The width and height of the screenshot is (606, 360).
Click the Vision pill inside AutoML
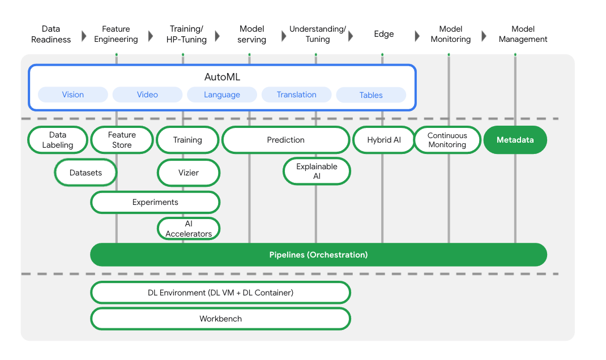click(72, 95)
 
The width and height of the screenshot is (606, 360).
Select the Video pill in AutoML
click(147, 95)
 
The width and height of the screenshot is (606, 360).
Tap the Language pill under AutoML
click(222, 95)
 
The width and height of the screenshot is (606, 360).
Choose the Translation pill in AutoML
click(296, 95)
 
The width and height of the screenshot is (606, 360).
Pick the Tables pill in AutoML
click(371, 95)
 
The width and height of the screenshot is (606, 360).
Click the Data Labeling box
click(58, 140)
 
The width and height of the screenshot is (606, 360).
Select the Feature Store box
click(122, 140)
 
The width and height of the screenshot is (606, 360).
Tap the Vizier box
click(188, 173)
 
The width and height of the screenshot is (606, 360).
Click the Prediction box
click(285, 140)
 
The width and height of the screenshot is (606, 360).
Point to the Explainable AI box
click(317, 171)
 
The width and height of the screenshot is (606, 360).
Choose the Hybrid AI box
click(383, 140)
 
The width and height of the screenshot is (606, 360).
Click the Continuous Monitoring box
click(447, 140)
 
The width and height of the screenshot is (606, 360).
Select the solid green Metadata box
click(515, 140)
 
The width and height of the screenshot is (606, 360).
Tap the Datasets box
click(86, 173)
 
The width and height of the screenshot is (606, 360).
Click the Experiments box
click(155, 202)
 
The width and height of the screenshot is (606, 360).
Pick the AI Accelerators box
click(188, 229)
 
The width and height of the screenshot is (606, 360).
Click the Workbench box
click(220, 319)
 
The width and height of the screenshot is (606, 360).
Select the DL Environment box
click(220, 293)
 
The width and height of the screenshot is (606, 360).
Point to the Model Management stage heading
click(523, 34)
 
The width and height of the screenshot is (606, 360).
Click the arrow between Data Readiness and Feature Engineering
click(84, 36)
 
